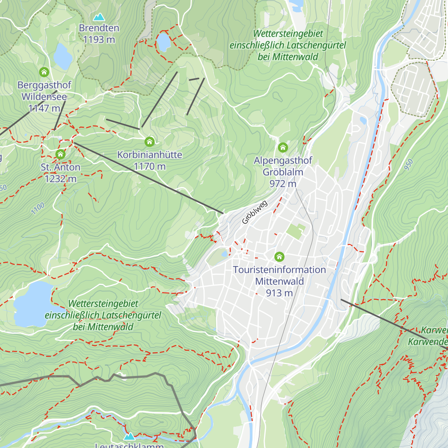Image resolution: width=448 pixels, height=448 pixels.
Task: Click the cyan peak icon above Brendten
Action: coord(99,17)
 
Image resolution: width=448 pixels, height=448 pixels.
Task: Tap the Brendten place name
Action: coord(99,28)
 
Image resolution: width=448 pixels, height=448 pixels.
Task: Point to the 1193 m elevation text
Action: coord(99,40)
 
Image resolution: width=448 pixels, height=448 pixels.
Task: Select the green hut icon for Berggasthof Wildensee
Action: coord(44,72)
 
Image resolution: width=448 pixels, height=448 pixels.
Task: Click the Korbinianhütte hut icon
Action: coord(150,141)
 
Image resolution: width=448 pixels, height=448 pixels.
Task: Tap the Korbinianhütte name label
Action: coord(150,155)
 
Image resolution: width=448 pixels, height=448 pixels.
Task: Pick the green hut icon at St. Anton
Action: coord(60,154)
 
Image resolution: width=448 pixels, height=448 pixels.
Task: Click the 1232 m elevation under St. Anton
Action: coord(60,179)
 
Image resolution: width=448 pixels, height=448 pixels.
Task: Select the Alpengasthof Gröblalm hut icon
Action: coord(283,147)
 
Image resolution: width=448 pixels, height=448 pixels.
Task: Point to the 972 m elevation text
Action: coord(283,184)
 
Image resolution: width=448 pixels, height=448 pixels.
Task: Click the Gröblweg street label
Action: coord(255,213)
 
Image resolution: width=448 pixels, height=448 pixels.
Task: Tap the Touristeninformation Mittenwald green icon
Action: coord(279,257)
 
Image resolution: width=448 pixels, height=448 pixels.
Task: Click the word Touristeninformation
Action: coord(279,270)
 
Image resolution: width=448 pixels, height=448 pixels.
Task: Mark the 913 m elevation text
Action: coord(279,293)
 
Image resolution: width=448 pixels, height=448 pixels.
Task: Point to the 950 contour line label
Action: coord(409,165)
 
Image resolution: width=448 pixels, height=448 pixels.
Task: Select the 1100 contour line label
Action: coord(38,208)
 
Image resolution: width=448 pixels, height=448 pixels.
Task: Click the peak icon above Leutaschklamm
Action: coord(130,436)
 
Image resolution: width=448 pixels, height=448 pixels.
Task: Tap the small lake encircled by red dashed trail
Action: coord(163,42)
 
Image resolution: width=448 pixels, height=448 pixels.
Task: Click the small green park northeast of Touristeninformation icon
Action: coord(296,231)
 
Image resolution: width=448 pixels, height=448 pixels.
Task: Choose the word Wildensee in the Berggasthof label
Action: coord(44,97)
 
